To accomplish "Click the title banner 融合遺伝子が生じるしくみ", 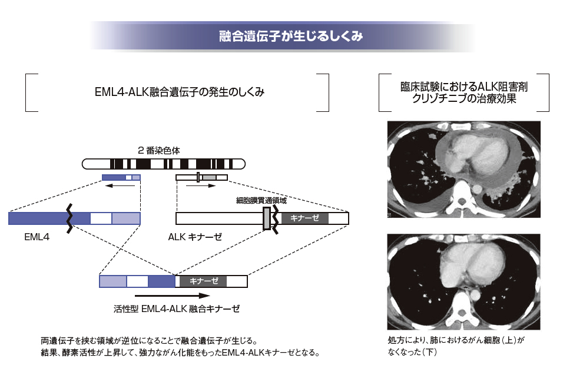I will (x=287, y=36).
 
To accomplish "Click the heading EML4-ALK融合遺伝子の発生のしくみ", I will (x=179, y=92).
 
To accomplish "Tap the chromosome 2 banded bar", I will (x=163, y=163).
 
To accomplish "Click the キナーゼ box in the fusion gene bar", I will (x=203, y=281).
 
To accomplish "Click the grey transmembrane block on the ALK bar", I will (x=267, y=218).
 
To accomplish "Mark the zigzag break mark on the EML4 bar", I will (x=70, y=218).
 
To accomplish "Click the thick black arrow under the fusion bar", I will (x=170, y=296).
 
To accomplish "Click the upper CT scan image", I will (x=463, y=169).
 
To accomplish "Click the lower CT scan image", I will (x=463, y=281).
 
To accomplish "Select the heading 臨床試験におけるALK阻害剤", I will (x=463, y=87).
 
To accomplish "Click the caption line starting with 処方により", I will (x=455, y=340).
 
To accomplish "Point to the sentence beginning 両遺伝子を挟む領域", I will (x=149, y=340).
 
